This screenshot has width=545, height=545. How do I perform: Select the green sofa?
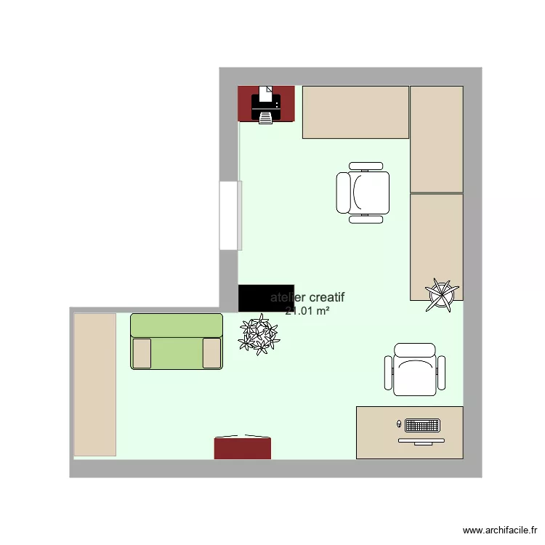click(177, 342)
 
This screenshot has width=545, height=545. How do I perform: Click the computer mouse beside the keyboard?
click(399, 423)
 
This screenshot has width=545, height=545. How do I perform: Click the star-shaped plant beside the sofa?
click(259, 334)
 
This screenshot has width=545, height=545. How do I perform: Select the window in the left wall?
click(230, 215)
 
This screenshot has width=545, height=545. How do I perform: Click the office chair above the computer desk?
click(414, 370)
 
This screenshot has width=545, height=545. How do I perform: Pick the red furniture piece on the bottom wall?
click(243, 448)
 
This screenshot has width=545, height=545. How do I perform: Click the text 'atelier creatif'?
click(308, 297)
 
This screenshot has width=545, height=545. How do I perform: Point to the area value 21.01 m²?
click(307, 311)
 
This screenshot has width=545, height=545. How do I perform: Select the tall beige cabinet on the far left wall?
click(94, 384)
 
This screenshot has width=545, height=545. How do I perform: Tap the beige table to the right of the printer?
click(355, 112)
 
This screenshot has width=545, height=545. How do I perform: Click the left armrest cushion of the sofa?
click(142, 353)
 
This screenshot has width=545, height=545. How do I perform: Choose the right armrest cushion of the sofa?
click(211, 353)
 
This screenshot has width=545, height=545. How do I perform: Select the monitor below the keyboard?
click(421, 440)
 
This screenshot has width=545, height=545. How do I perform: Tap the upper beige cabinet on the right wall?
click(436, 139)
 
